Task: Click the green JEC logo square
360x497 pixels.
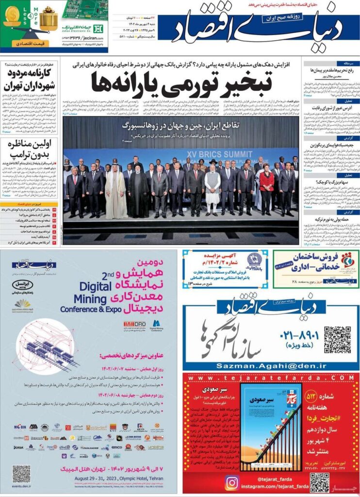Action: (98, 28)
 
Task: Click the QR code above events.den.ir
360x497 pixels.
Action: (21, 473)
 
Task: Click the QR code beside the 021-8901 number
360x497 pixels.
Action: (337, 339)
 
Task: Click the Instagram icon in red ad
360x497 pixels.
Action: (232, 482)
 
